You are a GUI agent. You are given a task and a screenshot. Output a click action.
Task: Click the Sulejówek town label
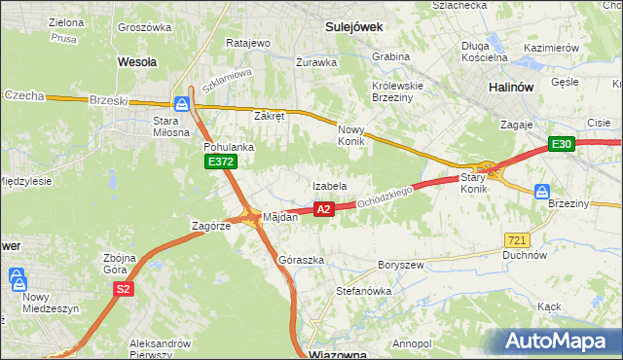[352, 28]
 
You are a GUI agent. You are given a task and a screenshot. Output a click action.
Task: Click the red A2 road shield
[325, 208]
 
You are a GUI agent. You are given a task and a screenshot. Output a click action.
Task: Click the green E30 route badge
[562, 144]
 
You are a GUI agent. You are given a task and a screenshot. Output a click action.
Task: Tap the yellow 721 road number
[518, 239]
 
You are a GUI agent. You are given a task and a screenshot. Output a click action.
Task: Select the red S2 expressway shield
[124, 289]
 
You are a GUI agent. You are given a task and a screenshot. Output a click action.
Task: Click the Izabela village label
[330, 185]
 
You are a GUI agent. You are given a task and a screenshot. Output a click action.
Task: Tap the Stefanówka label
[363, 289]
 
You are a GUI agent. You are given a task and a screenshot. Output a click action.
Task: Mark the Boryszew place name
[400, 264]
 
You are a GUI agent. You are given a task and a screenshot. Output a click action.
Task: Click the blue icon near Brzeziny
[542, 192]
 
